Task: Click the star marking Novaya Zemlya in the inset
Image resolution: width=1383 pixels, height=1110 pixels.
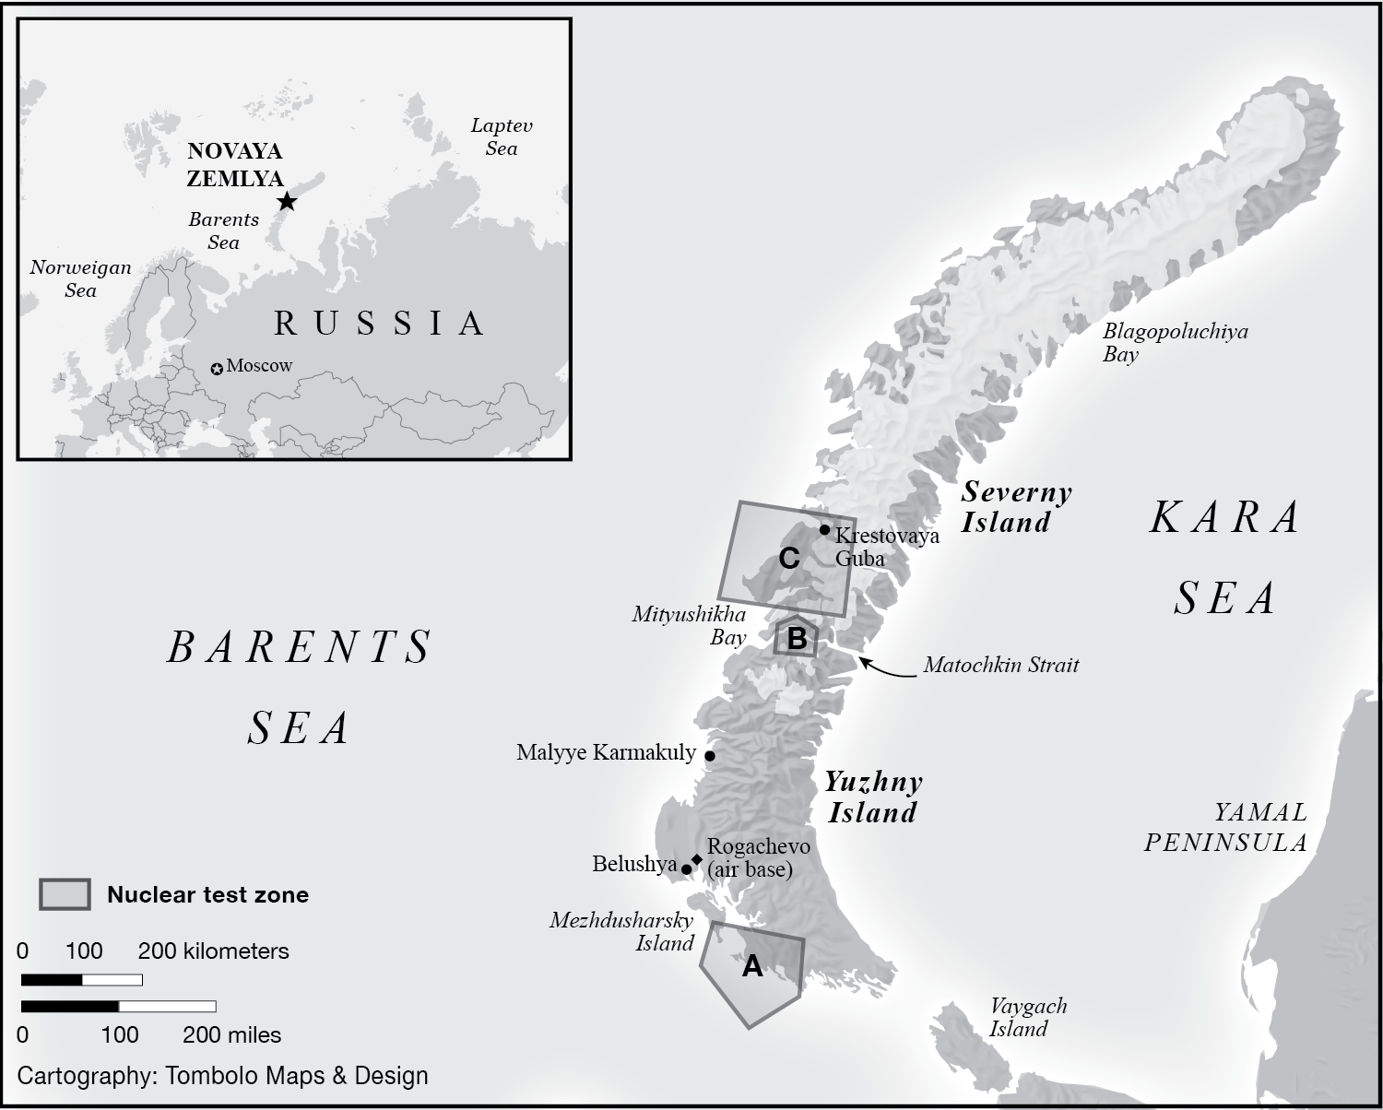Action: click(x=287, y=201)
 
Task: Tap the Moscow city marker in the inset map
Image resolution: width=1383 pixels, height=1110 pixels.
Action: click(x=217, y=369)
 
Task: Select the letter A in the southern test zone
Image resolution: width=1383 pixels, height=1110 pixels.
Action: click(x=752, y=966)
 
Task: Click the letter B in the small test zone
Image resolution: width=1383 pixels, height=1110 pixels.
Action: click(x=797, y=638)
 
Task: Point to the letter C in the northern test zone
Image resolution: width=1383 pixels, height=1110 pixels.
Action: click(x=788, y=558)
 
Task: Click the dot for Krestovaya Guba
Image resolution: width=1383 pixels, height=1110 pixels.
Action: click(x=824, y=529)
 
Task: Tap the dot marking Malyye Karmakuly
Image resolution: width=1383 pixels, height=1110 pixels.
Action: click(x=709, y=755)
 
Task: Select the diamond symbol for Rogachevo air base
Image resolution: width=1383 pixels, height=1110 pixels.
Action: click(x=697, y=859)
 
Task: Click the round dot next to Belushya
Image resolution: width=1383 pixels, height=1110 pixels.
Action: click(x=686, y=868)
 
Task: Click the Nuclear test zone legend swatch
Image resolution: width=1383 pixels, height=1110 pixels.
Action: click(x=65, y=894)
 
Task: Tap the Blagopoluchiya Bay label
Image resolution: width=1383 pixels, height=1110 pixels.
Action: click(x=1175, y=342)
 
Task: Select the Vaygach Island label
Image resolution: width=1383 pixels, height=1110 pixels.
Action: click(x=1027, y=1017)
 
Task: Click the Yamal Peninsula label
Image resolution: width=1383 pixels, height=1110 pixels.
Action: click(x=1226, y=827)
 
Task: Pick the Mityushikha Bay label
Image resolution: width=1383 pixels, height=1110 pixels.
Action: click(x=689, y=625)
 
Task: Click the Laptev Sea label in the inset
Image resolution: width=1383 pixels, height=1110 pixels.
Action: click(x=502, y=136)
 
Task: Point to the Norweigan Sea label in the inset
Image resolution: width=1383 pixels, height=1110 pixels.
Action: click(x=80, y=278)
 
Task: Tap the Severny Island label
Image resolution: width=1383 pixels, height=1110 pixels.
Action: click(x=1016, y=507)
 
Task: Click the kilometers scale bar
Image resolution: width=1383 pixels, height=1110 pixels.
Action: click(x=81, y=980)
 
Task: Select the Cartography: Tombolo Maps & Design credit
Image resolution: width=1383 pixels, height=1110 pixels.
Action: click(x=223, y=1075)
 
